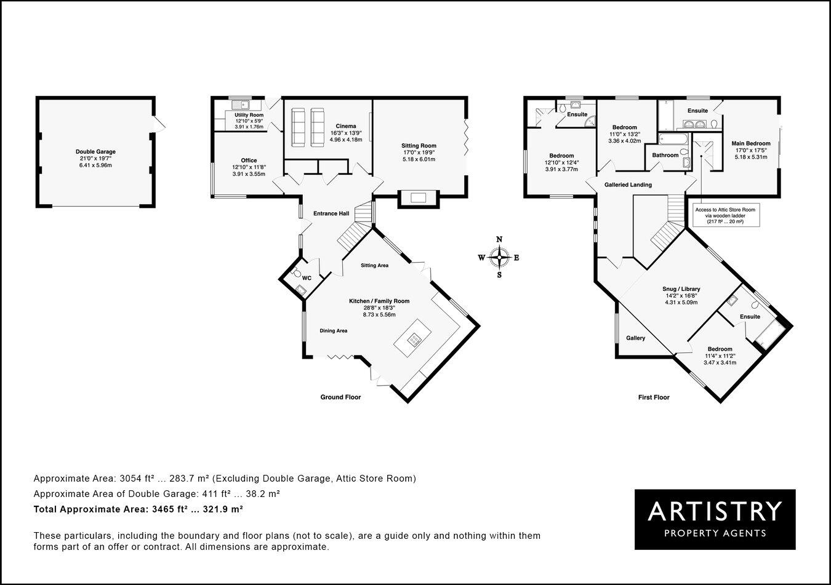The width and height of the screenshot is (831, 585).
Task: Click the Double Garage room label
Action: click(x=95, y=152)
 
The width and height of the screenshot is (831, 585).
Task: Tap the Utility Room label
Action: click(x=249, y=115)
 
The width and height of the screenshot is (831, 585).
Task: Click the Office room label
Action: click(x=249, y=161)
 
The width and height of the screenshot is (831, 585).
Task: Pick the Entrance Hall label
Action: click(x=331, y=213)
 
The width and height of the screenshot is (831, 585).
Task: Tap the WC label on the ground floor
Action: click(x=307, y=278)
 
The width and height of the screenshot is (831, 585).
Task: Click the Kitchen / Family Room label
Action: click(x=379, y=301)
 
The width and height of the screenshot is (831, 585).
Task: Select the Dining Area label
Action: click(x=333, y=331)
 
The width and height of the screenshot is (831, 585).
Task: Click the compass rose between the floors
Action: click(x=500, y=257)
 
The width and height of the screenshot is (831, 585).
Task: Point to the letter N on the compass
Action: click(x=500, y=240)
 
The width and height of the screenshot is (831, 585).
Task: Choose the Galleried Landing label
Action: click(x=628, y=185)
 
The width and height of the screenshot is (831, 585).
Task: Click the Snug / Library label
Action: click(x=681, y=289)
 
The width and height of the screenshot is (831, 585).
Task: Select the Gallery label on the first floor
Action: click(x=635, y=338)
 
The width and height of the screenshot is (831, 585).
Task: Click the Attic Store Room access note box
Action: click(x=725, y=215)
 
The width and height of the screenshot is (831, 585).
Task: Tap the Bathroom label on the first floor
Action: click(x=665, y=155)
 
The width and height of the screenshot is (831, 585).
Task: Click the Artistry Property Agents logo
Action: click(x=715, y=519)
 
